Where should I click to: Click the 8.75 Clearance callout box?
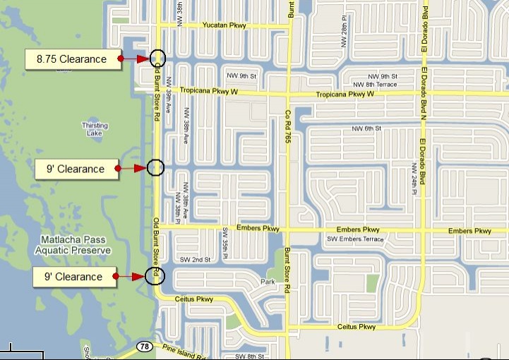71,59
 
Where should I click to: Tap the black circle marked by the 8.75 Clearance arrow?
157,59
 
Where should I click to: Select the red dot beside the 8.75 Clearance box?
121,59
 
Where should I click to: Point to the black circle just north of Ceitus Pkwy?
154,275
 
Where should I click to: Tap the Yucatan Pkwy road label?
224,25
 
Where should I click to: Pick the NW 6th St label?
366,128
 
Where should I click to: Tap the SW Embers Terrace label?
355,239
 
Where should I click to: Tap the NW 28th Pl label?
344,36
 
